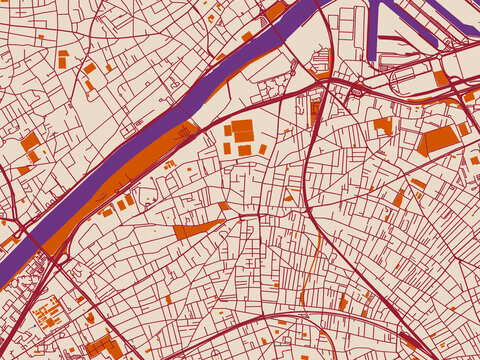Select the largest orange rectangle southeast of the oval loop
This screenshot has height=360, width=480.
[x=437, y=139]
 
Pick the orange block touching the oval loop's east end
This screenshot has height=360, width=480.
[x=441, y=78]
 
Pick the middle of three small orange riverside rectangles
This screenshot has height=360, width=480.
[x=121, y=205]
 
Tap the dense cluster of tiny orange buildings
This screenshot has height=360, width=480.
[x=46, y=315]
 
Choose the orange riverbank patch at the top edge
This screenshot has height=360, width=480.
[x=275, y=12]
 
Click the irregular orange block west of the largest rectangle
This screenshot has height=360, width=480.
[x=383, y=125]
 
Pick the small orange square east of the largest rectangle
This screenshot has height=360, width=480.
[x=464, y=129]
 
